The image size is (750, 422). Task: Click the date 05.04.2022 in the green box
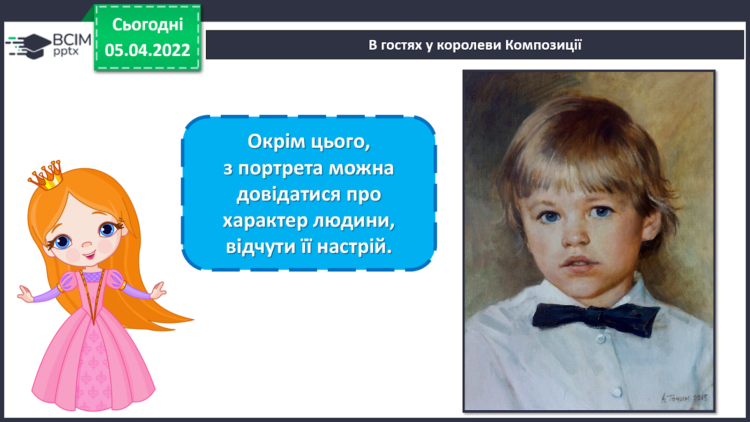[x=147, y=50]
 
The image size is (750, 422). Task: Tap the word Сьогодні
[x=148, y=24]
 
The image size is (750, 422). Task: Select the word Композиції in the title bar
[x=543, y=45]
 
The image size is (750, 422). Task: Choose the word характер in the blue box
[x=265, y=221]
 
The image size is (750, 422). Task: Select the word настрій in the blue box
[x=354, y=247]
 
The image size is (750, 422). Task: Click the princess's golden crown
[x=46, y=176]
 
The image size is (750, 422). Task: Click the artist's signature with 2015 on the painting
[x=684, y=398]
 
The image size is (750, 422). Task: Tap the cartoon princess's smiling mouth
[x=90, y=256]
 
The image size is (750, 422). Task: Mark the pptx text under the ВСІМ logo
[x=66, y=52]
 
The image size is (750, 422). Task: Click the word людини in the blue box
[x=354, y=221]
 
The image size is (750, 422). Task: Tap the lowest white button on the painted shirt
[x=616, y=391]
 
